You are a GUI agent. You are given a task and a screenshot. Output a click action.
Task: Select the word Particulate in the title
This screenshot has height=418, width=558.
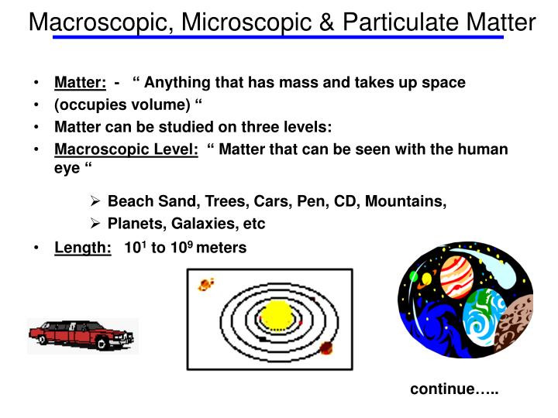(x=392, y=22)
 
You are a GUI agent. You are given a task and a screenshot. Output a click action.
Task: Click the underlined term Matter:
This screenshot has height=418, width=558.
(x=80, y=82)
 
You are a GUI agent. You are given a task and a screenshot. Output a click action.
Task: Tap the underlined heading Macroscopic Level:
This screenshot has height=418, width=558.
(x=126, y=149)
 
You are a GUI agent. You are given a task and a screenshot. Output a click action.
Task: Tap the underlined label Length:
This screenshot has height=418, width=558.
(x=82, y=248)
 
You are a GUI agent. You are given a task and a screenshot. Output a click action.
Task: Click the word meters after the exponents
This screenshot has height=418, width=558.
(x=221, y=248)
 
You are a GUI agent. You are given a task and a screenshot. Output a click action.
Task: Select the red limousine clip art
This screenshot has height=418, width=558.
(x=82, y=334)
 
